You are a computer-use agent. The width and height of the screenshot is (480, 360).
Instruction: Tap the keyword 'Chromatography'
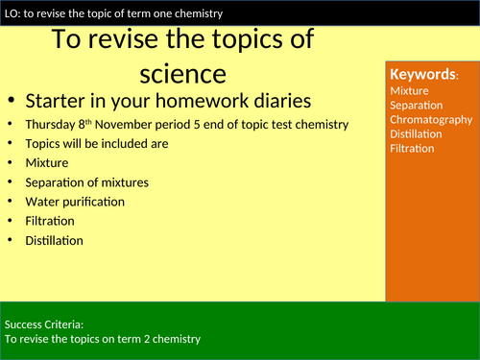click(x=431, y=119)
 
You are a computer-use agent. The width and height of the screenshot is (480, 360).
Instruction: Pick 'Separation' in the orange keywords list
click(x=417, y=105)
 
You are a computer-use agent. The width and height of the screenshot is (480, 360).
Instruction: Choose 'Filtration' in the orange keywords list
click(x=413, y=148)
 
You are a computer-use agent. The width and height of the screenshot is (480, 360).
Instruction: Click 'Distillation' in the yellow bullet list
click(x=54, y=241)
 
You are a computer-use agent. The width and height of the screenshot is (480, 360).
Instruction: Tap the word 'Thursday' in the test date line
click(x=50, y=124)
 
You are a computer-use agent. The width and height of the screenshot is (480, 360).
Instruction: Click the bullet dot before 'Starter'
click(x=11, y=103)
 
